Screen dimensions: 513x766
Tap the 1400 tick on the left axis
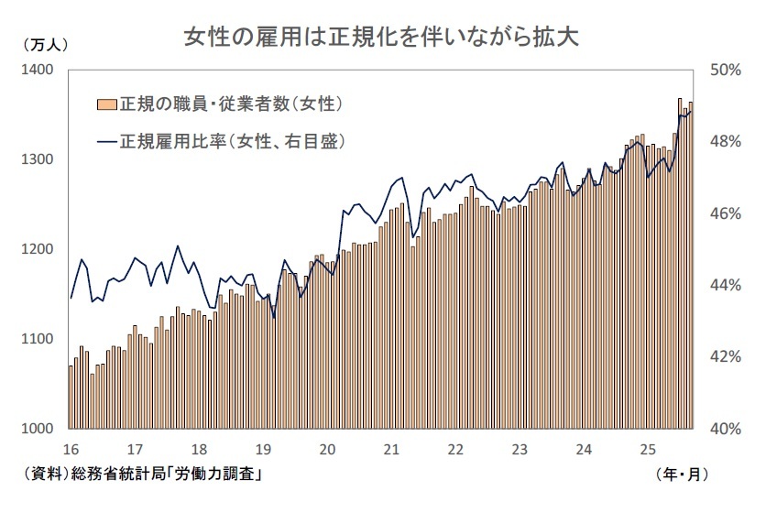38,71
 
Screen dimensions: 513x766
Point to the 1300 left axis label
38,159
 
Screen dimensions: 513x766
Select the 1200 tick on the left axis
38,249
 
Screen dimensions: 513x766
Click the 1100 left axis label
38,339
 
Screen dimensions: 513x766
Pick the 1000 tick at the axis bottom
38,429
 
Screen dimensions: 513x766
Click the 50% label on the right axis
728,71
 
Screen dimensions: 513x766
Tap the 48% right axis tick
728,142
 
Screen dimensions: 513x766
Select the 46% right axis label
728,213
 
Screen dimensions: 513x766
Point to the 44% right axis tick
728,285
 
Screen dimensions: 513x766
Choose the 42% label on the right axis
728,356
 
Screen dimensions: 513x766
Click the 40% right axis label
728,429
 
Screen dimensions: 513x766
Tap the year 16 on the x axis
71,450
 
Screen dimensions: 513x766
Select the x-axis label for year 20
327,450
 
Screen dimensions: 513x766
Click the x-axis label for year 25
648,450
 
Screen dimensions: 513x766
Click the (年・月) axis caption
683,474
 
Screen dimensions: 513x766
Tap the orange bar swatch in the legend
104,104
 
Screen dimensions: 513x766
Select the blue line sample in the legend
104,141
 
